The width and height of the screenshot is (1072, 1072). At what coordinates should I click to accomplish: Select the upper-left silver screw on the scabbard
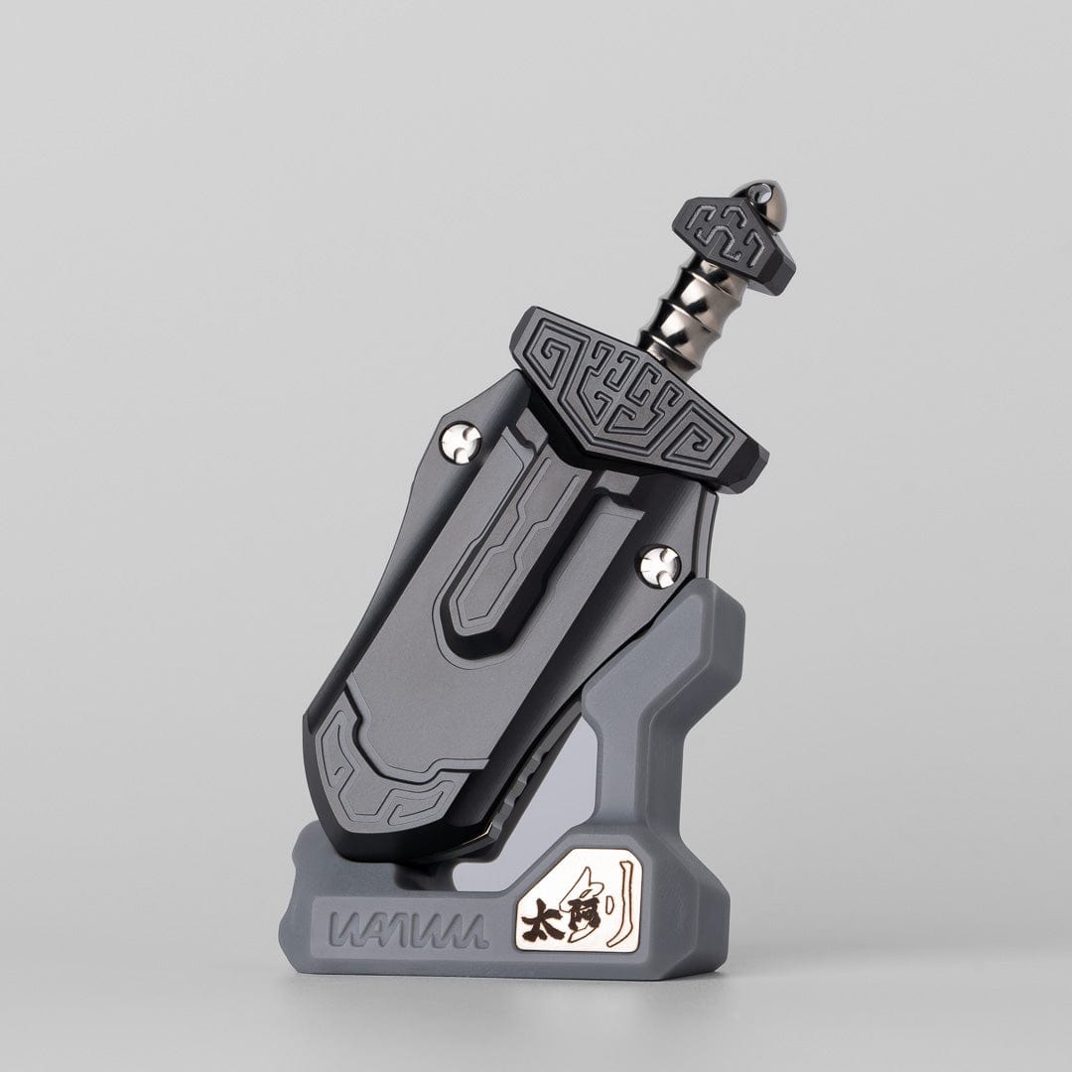tap(461, 443)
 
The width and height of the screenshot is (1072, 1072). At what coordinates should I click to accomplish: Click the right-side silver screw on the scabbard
tap(660, 566)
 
